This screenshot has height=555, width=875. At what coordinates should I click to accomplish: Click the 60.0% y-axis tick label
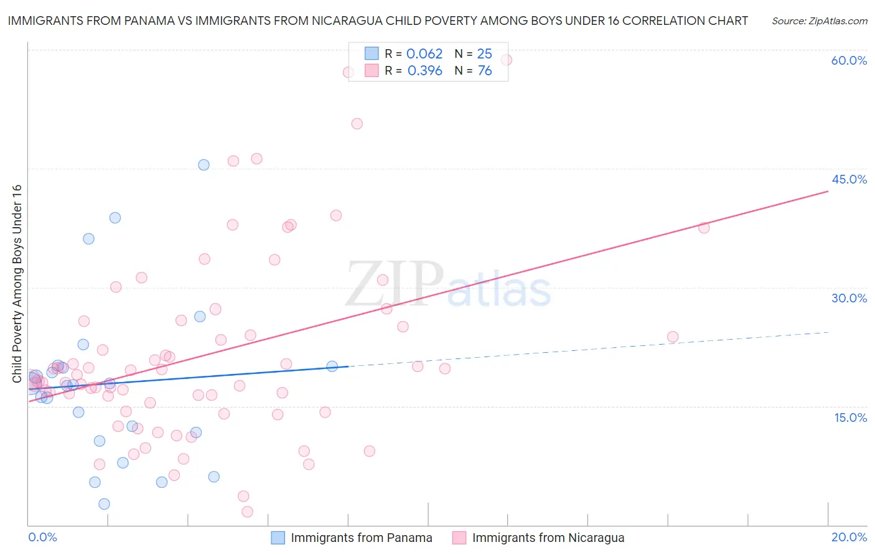[849, 60]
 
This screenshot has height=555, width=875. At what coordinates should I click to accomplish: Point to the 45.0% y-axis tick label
[849, 179]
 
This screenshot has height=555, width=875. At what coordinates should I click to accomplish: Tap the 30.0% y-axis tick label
[849, 298]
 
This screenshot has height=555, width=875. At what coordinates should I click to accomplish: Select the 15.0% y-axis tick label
[850, 417]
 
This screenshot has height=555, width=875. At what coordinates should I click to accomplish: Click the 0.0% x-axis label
[42, 537]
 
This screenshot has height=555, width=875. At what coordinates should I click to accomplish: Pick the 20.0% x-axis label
[849, 537]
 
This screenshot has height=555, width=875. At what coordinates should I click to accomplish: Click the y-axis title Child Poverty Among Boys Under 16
[17, 284]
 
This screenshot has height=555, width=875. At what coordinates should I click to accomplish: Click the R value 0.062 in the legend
[424, 54]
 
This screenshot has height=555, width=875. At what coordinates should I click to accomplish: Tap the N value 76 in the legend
[485, 71]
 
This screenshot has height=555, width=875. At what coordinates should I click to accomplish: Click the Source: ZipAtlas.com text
[819, 21]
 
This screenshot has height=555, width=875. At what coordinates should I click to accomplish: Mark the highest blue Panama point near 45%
[204, 165]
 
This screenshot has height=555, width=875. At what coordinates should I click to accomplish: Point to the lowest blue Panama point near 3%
[104, 504]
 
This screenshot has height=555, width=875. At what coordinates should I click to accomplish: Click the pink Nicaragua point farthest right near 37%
[704, 228]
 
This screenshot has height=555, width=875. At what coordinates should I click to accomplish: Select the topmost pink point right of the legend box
[507, 60]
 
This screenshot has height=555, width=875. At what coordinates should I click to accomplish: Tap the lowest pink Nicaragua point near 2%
[247, 511]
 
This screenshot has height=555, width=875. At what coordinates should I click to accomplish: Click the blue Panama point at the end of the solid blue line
[332, 366]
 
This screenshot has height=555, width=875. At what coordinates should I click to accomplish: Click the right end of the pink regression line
[828, 192]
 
